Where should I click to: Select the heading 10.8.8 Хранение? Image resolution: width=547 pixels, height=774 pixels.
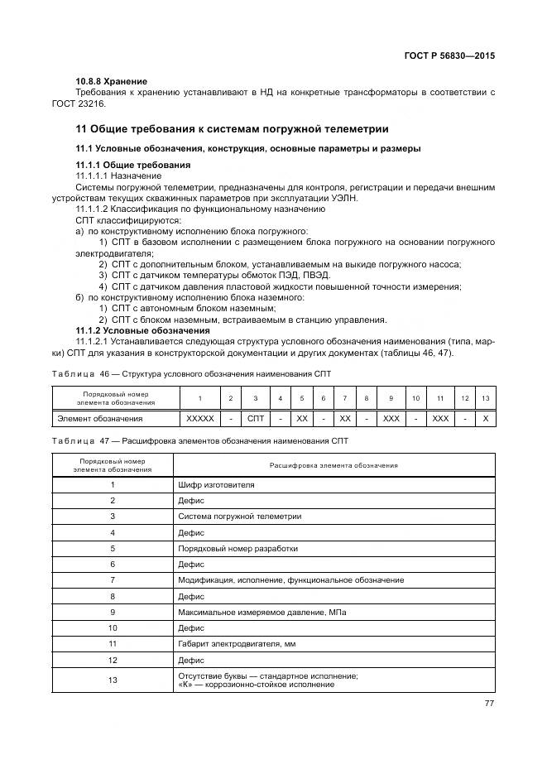coord(111,81)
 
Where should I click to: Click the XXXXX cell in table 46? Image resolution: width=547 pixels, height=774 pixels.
coord(201,419)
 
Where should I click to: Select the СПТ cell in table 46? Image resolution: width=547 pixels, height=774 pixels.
coord(256,419)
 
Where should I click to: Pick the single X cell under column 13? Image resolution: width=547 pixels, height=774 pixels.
coord(485,419)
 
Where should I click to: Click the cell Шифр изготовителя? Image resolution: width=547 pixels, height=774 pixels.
coord(216,484)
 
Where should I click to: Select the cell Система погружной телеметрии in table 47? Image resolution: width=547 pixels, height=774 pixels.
coord(240,517)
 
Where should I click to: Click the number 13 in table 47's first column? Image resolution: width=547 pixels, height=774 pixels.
coord(113,680)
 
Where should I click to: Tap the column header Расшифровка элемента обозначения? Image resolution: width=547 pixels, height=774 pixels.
coord(333,465)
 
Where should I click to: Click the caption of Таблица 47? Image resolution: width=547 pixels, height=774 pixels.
coord(199,441)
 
